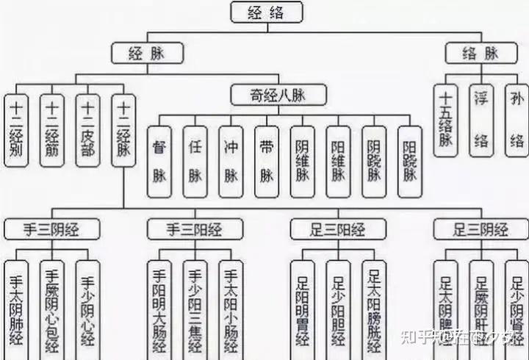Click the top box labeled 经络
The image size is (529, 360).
coord(267,12)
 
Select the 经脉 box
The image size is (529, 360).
coord(147,53)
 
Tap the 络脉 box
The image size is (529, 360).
coord(482,53)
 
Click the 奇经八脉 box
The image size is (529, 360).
coord(278,96)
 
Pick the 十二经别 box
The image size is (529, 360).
coord(17,132)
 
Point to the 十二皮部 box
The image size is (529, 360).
coord(88,132)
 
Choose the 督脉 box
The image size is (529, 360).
coord(159,156)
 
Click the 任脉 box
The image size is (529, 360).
coord(195,156)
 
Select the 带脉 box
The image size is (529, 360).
coord(267,156)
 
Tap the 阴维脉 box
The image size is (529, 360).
coord(303,156)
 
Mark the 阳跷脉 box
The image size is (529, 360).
coord(410,156)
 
